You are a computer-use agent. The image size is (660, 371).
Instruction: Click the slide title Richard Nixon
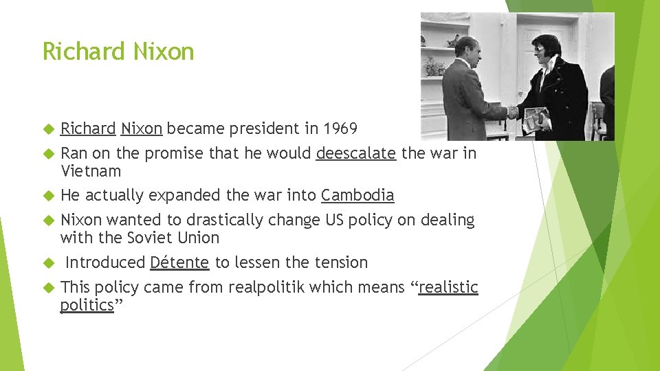118,52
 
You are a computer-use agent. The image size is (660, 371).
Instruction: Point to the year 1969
340,128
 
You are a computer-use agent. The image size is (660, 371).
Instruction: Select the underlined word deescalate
355,153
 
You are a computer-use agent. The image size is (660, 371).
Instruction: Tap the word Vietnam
90,171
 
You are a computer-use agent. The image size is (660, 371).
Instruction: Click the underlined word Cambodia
357,196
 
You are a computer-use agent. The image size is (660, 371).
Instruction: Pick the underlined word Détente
179,262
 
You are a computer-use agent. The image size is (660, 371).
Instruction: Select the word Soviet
152,238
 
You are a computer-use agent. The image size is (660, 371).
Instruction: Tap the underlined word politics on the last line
87,305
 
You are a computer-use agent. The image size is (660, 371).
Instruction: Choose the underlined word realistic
448,287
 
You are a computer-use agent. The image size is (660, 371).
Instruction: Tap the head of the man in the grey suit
467,50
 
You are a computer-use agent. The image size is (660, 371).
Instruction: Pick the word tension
340,262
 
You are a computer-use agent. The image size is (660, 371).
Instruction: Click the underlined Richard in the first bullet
88,128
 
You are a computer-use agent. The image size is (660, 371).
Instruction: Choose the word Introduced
105,262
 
